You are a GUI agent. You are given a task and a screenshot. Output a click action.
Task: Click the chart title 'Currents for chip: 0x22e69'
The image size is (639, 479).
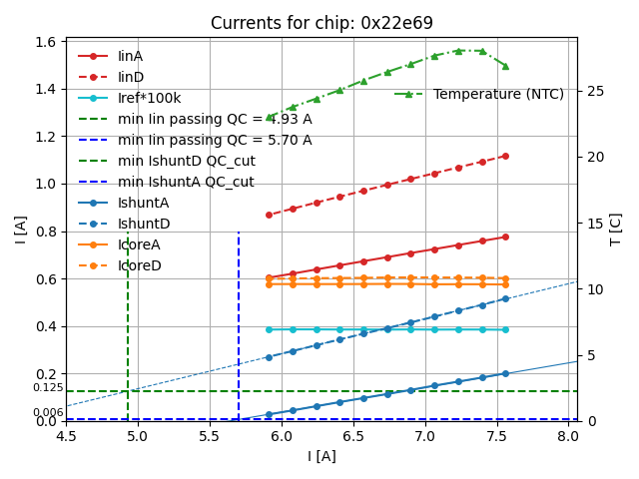point(321,23)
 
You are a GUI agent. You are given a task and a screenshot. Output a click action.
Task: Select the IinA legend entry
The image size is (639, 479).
point(130,56)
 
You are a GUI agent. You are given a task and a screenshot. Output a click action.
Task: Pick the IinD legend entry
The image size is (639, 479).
point(130,77)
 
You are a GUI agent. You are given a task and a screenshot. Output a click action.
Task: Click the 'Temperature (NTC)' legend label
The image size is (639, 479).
point(498,94)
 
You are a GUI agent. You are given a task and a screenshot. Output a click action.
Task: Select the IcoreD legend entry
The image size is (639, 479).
point(139,265)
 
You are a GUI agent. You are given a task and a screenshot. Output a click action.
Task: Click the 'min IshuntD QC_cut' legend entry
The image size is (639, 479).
point(186,161)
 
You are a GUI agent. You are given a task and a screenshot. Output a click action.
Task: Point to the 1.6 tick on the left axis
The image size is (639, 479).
point(47,42)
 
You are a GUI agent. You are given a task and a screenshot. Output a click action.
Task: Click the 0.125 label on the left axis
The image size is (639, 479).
point(47,388)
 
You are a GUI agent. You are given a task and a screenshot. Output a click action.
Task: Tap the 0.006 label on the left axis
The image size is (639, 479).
point(47,413)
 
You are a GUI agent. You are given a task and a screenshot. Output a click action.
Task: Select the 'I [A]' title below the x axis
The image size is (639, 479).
point(321,456)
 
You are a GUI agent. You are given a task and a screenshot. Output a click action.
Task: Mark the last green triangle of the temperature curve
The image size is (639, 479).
point(505,66)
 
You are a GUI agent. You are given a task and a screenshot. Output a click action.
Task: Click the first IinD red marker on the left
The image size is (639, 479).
point(269,215)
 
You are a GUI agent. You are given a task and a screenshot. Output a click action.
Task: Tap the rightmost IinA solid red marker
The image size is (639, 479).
point(505,237)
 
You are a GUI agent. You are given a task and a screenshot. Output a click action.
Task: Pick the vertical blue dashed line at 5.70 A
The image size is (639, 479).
point(239,329)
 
